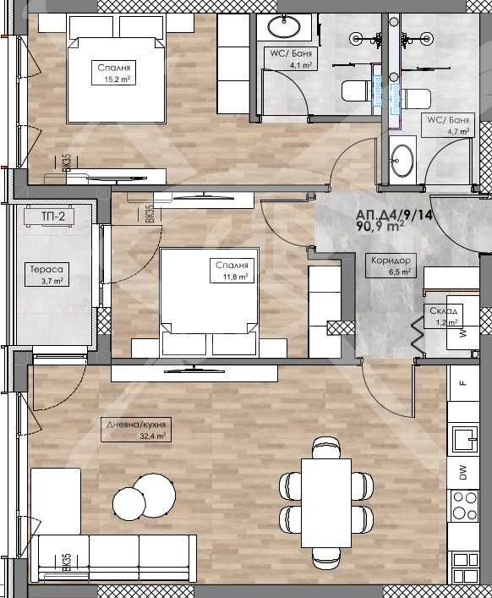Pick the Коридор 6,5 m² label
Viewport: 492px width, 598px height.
click(x=390, y=266)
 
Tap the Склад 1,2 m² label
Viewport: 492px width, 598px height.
click(x=443, y=315)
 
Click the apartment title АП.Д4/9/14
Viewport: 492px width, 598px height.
click(x=395, y=215)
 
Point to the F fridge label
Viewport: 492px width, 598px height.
click(x=463, y=382)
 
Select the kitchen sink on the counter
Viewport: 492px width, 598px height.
click(x=464, y=440)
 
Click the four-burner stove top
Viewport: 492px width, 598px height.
click(x=464, y=508)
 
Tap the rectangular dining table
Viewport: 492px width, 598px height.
click(x=326, y=501)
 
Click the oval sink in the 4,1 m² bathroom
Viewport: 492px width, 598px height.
click(x=285, y=28)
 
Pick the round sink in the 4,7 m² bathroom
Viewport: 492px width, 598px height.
click(x=402, y=159)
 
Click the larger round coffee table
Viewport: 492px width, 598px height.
click(x=154, y=490)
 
